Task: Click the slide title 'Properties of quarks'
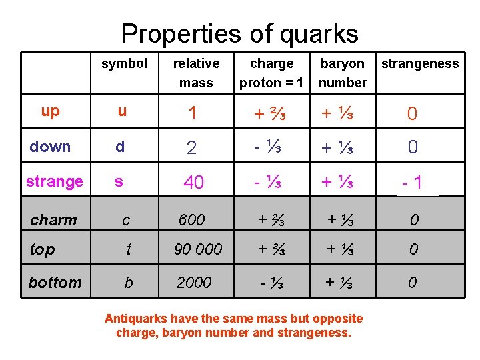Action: click(239, 33)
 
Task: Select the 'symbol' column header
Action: click(124, 64)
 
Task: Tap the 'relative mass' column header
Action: click(196, 73)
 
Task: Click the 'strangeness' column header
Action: click(420, 64)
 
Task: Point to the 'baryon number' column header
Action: click(343, 73)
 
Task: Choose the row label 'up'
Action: click(50, 111)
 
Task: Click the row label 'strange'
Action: click(55, 181)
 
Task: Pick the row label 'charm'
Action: click(54, 220)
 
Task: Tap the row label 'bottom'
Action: click(55, 283)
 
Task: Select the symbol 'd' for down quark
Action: click(120, 147)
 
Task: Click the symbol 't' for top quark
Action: click(129, 249)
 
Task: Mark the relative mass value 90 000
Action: click(198, 249)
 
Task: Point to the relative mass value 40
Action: click(193, 183)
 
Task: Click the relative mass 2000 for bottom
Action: click(194, 283)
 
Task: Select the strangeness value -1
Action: click(412, 183)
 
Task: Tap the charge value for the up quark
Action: click(271, 113)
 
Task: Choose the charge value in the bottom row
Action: click(271, 283)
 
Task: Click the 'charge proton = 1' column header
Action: click(271, 73)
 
